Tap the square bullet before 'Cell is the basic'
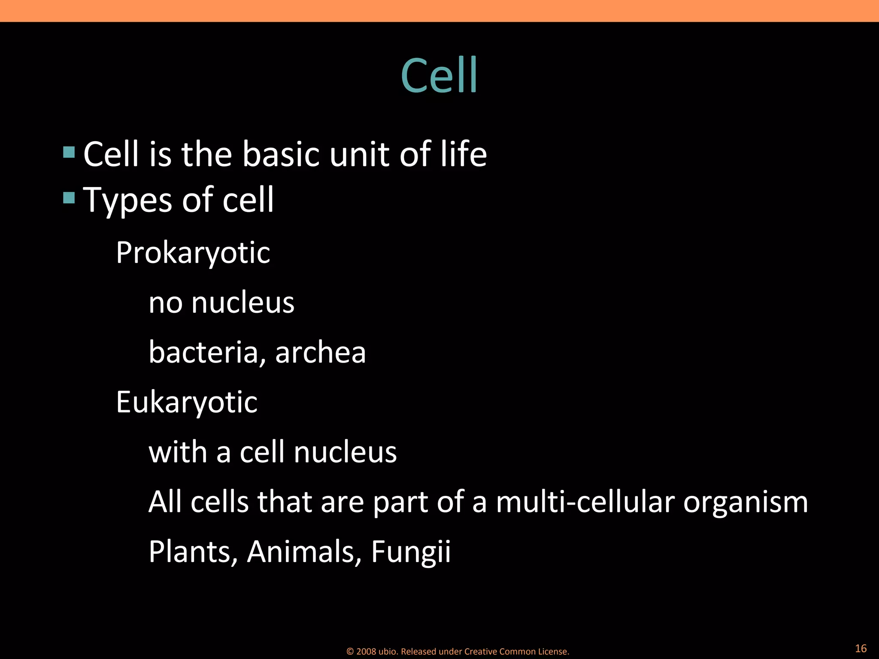coord(69,152)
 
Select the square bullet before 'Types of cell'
coord(69,198)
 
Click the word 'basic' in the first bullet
coord(280,154)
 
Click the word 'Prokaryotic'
coord(193,252)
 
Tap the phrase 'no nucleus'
coord(221,302)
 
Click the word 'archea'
coord(320,352)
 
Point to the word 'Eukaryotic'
coord(187,402)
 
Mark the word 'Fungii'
coord(411,553)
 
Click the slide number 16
coord(861,648)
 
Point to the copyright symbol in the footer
coord(350,652)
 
